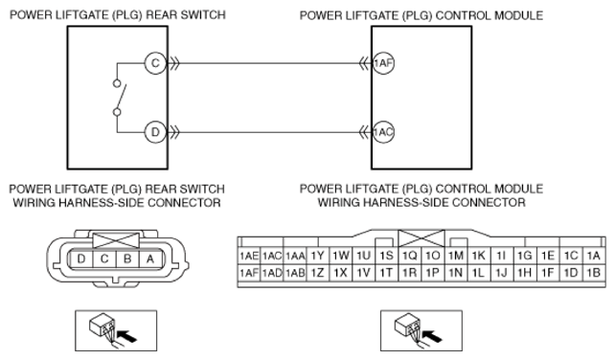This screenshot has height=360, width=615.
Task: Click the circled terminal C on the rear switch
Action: pos(155,63)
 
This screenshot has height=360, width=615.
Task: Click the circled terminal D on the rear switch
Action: pos(155,132)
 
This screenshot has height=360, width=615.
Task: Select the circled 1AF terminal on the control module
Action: pos(383,63)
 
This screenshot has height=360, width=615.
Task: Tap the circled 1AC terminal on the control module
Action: pos(383,132)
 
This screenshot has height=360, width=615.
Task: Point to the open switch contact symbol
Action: pos(120,98)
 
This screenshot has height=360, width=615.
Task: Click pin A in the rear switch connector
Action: pos(150,259)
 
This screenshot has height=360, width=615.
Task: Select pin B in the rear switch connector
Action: pos(127,259)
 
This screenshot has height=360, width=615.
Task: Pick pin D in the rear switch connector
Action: pos(81,259)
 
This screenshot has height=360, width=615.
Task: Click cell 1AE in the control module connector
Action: pos(249,256)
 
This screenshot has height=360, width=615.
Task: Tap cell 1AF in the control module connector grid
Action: pos(249,273)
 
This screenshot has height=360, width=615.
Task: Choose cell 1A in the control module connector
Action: pos(594,256)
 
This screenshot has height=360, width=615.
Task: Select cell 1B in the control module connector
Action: pos(594,273)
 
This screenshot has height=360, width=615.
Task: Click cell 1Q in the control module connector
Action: pos(409,256)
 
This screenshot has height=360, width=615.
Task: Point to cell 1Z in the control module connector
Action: pos(317,273)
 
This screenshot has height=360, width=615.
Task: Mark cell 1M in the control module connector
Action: pos(456,256)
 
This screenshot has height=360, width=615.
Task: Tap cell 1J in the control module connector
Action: pos(502,273)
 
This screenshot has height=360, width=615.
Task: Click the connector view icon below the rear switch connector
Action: pos(116,330)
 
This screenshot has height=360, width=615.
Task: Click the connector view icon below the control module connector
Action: pos(421,330)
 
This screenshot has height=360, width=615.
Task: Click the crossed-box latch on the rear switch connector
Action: pos(116,240)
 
